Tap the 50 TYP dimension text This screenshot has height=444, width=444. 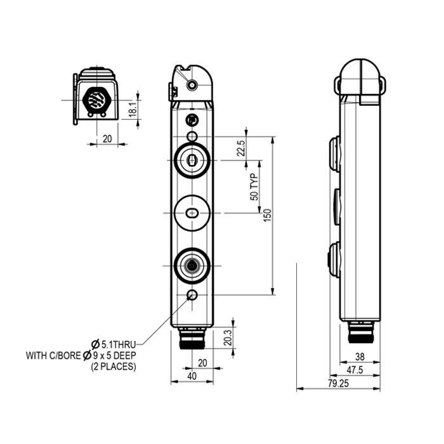click(255, 187)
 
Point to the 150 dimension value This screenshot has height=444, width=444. click(267, 216)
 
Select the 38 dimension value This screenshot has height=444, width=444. click(359, 356)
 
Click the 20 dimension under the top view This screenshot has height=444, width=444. click(107, 139)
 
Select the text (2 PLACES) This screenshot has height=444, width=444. click(114, 366)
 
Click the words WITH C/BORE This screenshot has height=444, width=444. click(53, 355)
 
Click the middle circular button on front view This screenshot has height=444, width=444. click(191, 211)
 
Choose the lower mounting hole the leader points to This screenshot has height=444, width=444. click(192, 296)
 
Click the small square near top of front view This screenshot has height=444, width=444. click(192, 120)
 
